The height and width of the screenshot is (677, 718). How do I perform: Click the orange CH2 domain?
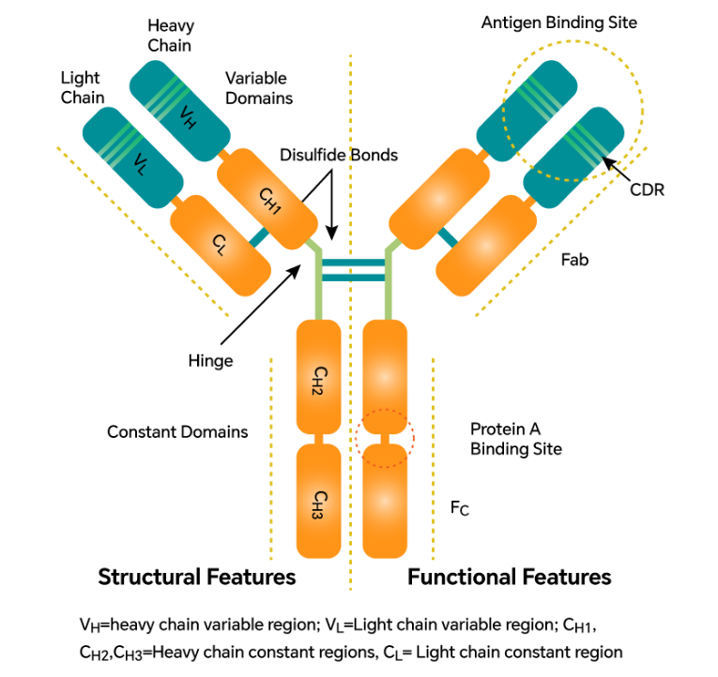tap(318, 375)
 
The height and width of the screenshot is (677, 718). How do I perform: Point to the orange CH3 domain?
tap(318, 498)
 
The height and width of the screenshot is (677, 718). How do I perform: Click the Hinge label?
tap(209, 359)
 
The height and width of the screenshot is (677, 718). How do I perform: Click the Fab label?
tap(574, 260)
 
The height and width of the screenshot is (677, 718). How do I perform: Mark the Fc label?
tap(460, 508)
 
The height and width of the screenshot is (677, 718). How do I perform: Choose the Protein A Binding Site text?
tap(515, 439)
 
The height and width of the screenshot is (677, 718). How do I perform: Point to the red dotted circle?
tap(384, 437)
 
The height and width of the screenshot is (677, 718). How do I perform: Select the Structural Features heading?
tap(197, 577)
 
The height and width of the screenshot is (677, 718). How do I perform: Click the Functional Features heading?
tap(509, 577)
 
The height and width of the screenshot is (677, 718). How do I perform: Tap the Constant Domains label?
tap(177, 432)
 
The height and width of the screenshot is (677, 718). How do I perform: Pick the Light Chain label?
tap(81, 87)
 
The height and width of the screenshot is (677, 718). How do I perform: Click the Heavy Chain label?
tap(169, 36)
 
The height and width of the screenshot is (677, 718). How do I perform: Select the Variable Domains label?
tap(258, 88)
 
